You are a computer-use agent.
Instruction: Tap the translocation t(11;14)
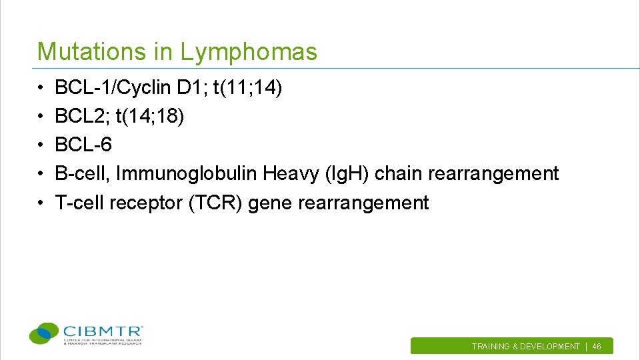click(247, 87)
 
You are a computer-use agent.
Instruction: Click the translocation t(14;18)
click(150, 116)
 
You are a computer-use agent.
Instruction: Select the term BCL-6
click(83, 145)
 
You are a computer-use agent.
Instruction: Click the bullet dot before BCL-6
click(41, 145)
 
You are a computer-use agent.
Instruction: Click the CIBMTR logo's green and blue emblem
click(45, 333)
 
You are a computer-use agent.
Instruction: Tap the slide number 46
click(597, 347)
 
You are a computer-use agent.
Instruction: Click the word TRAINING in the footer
click(491, 347)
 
